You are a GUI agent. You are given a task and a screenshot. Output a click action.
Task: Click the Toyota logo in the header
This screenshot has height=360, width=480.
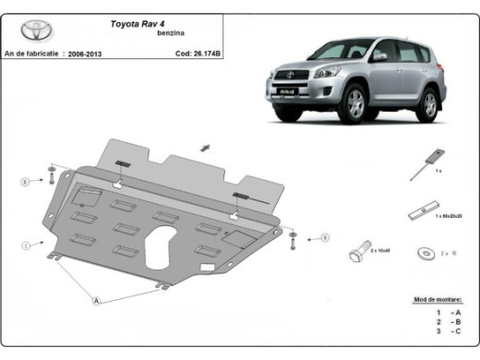(x=28, y=31)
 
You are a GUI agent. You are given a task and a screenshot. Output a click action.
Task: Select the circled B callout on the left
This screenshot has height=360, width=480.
(x=26, y=181)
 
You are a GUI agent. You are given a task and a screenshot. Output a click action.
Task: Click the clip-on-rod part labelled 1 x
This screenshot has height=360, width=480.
(x=431, y=161)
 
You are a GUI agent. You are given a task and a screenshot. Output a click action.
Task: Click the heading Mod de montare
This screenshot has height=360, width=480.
(x=436, y=301)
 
